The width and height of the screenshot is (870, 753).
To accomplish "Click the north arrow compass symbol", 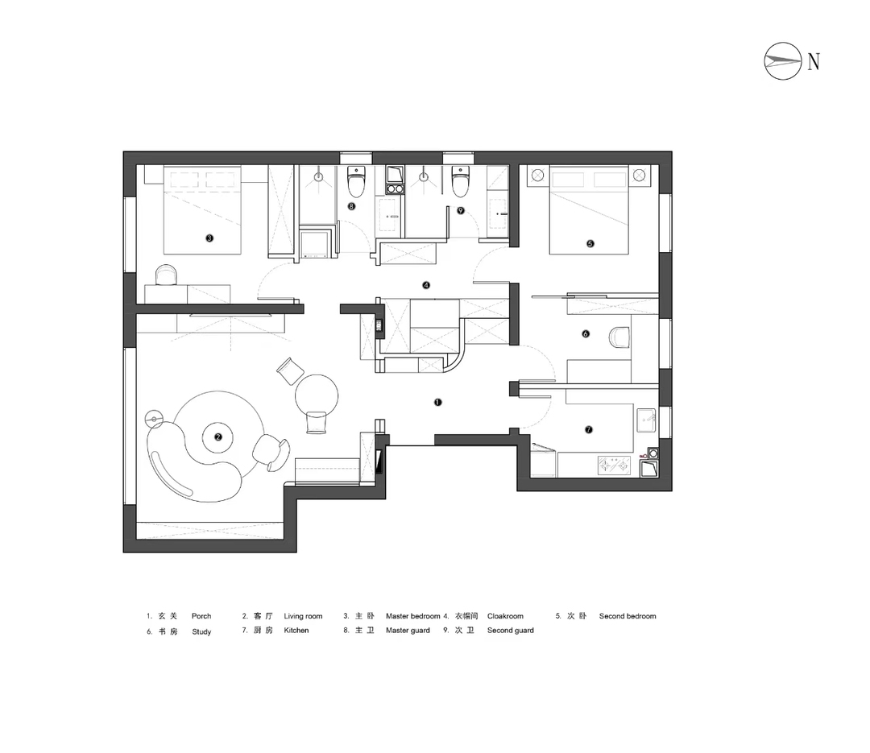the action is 782,61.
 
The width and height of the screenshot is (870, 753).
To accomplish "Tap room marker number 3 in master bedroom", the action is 209,238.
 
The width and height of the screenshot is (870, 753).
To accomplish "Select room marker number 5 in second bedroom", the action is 590,243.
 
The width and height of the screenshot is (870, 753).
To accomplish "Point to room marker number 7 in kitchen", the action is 589,429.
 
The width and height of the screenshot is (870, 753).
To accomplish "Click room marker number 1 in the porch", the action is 437,403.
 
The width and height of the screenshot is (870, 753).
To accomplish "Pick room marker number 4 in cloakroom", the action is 426,285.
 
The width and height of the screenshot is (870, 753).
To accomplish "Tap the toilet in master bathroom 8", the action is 356,181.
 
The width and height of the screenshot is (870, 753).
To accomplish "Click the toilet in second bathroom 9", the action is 460,181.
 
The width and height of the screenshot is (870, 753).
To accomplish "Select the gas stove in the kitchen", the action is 614,465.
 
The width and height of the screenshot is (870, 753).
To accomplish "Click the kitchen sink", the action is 646,420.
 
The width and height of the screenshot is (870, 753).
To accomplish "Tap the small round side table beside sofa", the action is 154,419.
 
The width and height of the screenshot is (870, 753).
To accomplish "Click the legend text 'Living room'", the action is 303,616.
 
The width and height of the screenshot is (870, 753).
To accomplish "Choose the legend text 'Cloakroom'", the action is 505,616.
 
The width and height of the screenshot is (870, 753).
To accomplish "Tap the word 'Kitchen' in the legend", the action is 296,631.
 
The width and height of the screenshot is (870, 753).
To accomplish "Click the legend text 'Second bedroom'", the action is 628,616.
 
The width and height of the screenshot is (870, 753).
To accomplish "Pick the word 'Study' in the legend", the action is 201,631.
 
